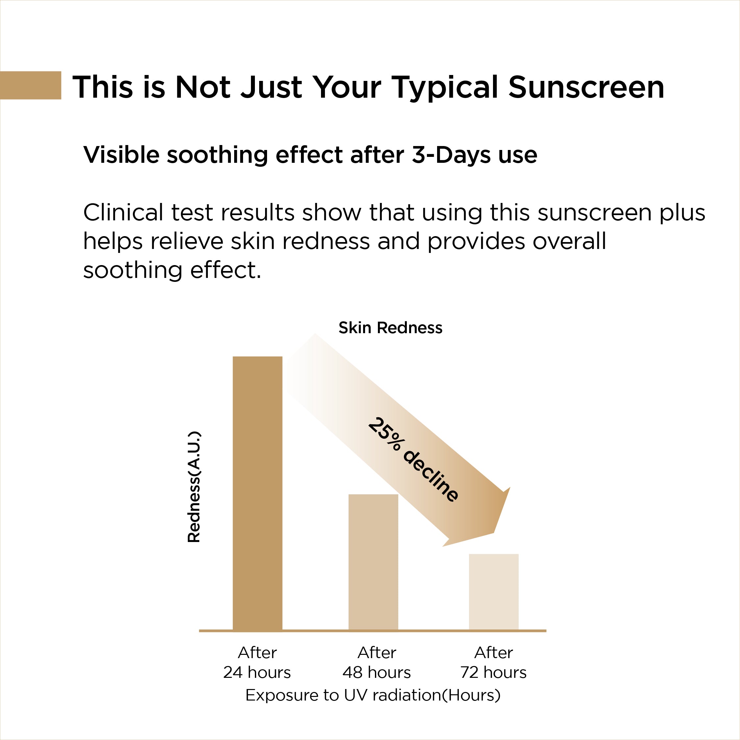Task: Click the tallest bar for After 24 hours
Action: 258,493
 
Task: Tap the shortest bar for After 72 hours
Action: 494,592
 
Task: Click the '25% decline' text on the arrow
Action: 413,460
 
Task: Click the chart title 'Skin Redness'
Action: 390,328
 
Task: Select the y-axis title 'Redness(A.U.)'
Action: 194,487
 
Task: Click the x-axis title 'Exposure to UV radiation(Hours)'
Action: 373,695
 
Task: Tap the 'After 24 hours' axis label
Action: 257,663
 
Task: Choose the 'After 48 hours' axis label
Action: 377,663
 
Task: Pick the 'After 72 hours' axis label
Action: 493,663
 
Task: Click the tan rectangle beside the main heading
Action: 31,85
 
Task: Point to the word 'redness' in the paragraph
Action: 326,241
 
